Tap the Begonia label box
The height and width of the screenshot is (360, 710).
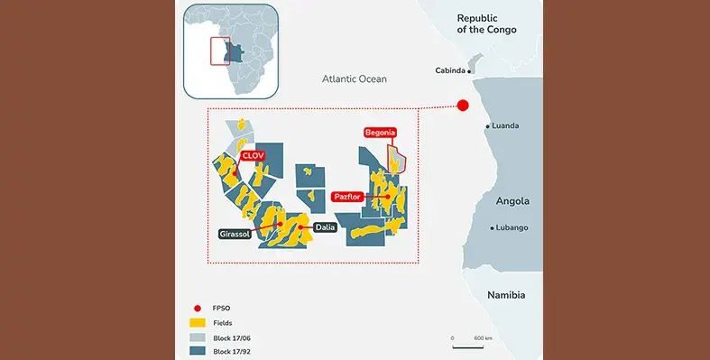[x=380, y=133]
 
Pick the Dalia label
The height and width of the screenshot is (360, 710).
[x=325, y=227]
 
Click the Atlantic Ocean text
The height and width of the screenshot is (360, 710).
[x=355, y=79]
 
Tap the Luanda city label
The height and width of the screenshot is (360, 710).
[x=505, y=125]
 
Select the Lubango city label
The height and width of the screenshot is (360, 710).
[x=512, y=227]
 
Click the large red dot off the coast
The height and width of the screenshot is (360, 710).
[x=463, y=106]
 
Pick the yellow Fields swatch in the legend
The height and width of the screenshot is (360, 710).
[x=195, y=321]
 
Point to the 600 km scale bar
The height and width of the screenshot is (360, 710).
[x=467, y=346]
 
